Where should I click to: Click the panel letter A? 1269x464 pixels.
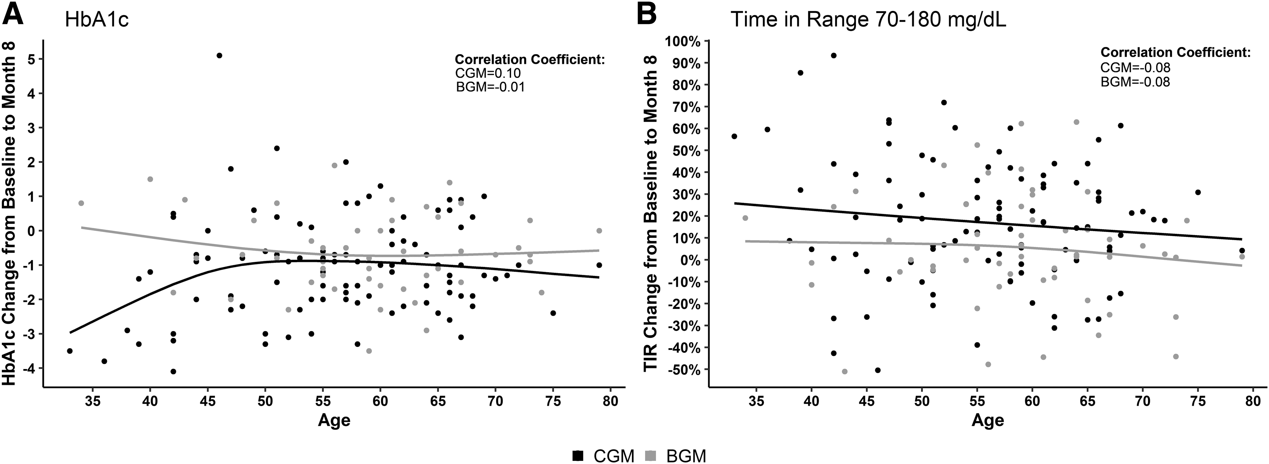pos(13,13)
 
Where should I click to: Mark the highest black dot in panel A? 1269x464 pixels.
pos(219,55)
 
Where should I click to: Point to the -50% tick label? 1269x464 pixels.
pos(682,369)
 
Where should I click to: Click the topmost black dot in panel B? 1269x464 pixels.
pos(833,55)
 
